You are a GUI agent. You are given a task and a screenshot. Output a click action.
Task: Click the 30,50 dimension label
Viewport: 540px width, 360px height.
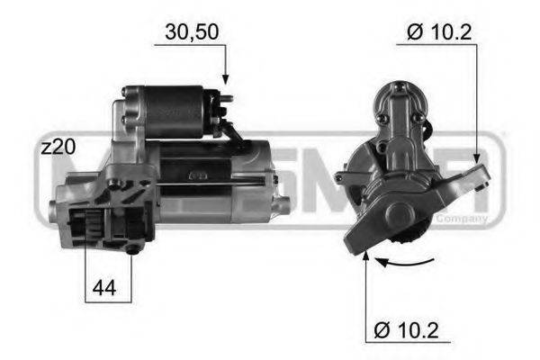tap(191, 32)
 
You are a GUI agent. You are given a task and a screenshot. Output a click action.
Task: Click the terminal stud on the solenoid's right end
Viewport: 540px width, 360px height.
tap(227, 100)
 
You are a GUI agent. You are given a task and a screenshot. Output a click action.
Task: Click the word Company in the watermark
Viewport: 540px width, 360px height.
tap(462, 218)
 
